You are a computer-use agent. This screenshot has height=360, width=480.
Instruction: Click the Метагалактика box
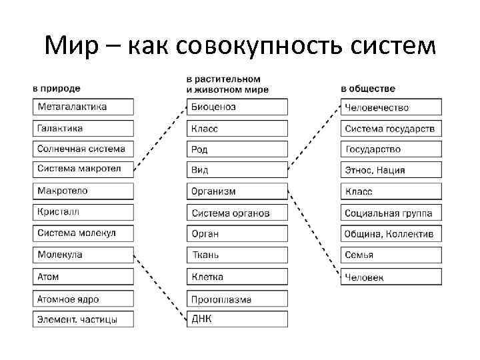click(x=83, y=107)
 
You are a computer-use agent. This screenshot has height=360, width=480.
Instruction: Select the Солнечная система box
click(x=83, y=149)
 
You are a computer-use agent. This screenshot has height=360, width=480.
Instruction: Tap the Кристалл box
click(x=83, y=212)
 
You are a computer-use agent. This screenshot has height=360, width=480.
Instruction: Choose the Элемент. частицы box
click(x=83, y=319)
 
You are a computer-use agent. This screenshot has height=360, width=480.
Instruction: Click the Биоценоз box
click(x=237, y=107)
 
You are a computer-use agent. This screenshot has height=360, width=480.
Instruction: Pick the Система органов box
click(x=237, y=213)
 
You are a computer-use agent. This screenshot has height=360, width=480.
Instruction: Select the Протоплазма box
click(x=237, y=298)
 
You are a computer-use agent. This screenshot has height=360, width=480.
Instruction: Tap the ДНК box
click(x=237, y=319)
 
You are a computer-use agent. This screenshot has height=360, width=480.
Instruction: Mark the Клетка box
click(x=237, y=277)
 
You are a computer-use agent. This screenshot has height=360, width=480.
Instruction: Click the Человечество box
click(x=391, y=107)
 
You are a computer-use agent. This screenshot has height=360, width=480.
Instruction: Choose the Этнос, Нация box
click(x=391, y=170)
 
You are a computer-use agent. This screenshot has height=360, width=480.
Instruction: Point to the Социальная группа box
click(x=391, y=213)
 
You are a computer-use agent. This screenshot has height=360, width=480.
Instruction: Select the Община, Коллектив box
click(x=391, y=234)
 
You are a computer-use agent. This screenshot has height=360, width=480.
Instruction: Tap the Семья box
click(x=391, y=255)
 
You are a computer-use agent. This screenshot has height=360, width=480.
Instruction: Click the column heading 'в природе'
click(x=57, y=89)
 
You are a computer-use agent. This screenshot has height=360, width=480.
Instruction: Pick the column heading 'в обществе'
click(x=368, y=89)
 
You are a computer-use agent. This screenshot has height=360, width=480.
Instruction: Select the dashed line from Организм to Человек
click(x=314, y=233)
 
